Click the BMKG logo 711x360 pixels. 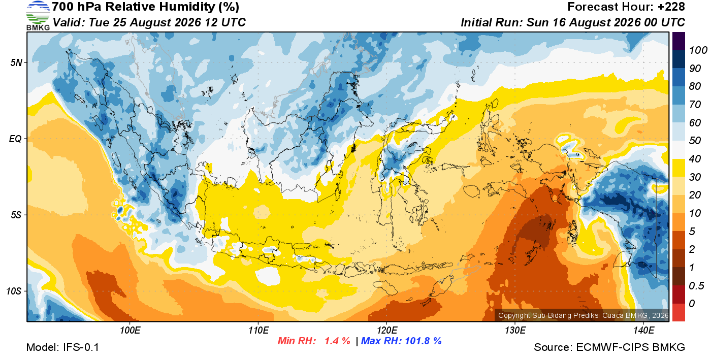pyautogui.click(x=38, y=16)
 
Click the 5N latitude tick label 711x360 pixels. pyautogui.click(x=16, y=62)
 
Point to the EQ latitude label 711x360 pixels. pyautogui.click(x=16, y=139)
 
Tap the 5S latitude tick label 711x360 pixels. pyautogui.click(x=16, y=215)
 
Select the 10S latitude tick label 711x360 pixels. pyautogui.click(x=14, y=291)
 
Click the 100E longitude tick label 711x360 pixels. pyautogui.click(x=130, y=331)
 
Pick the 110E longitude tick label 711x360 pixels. pyautogui.click(x=258, y=331)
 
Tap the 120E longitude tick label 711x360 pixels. pyautogui.click(x=387, y=331)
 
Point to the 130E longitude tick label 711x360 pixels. pyautogui.click(x=515, y=331)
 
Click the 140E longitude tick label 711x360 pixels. pyautogui.click(x=644, y=331)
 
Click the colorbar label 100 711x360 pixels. pyautogui.click(x=698, y=50)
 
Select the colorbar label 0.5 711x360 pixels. pyautogui.click(x=696, y=286)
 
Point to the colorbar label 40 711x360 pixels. pyautogui.click(x=695, y=159)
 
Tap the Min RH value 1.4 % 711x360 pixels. pyautogui.click(x=337, y=341)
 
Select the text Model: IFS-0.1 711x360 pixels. pyautogui.click(x=62, y=347)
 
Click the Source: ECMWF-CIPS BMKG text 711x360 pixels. pyautogui.click(x=609, y=347)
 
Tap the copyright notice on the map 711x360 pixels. pyautogui.click(x=584, y=315)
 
